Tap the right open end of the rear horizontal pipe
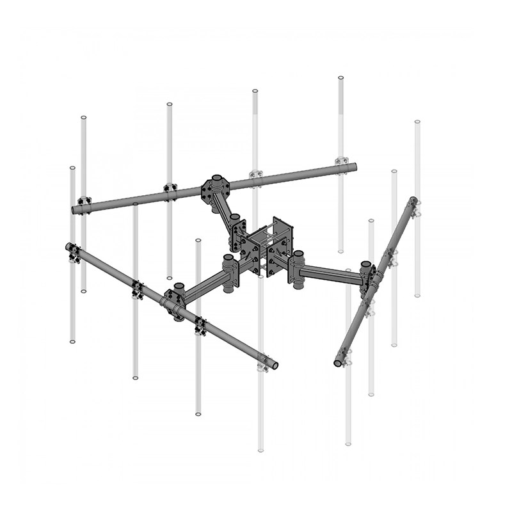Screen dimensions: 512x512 353,168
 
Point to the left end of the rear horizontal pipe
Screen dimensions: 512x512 75,209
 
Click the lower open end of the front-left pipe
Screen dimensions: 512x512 273,365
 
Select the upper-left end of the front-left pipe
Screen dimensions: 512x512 68,246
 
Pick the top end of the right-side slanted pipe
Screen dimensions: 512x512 415,200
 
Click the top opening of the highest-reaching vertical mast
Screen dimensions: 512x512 340,79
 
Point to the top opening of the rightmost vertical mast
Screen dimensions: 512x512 417,122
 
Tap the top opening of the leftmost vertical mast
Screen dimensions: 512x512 72,168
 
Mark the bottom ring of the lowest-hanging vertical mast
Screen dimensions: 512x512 260,450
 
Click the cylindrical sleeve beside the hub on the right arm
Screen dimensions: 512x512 298,269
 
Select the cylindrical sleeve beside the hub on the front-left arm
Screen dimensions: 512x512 228,271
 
